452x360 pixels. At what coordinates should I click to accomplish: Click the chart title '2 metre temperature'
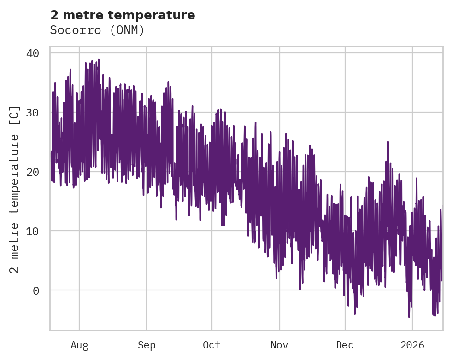click(x=123, y=15)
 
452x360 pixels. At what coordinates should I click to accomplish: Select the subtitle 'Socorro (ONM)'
click(x=97, y=30)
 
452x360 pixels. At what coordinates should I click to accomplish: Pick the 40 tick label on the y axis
click(x=32, y=53)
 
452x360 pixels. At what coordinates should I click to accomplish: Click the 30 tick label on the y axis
click(x=32, y=113)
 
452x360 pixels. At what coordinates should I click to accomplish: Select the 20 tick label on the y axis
click(x=32, y=172)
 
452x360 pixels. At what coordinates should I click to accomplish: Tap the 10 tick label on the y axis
click(x=32, y=231)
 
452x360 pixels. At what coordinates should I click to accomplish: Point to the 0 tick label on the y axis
click(x=35, y=290)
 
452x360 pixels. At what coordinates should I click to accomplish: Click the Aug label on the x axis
click(x=79, y=345)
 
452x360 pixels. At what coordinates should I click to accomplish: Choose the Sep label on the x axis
click(x=147, y=345)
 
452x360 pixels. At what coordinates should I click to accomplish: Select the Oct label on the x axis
click(x=212, y=345)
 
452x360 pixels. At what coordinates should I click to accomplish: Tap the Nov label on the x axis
click(x=279, y=345)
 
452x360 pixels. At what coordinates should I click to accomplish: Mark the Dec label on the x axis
click(x=345, y=345)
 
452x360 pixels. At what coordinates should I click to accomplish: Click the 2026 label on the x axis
click(x=412, y=345)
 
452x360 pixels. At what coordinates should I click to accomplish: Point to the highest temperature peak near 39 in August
click(x=98, y=60)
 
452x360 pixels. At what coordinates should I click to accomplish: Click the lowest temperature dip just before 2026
click(x=409, y=316)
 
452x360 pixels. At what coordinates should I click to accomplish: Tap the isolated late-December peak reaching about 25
click(x=388, y=142)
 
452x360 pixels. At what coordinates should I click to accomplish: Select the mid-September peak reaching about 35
click(x=168, y=82)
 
